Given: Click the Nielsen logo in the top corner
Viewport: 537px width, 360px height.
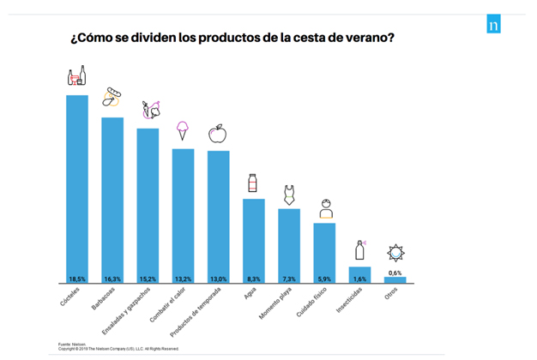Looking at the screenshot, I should coord(492,24).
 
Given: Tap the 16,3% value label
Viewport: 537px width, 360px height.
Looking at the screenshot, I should coord(112,279).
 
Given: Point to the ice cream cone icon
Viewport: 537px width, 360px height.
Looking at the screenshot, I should coord(182,130).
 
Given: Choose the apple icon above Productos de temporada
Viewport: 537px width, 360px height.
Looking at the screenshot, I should coord(218,133).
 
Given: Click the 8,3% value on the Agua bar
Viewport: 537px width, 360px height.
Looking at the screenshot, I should coord(253,279).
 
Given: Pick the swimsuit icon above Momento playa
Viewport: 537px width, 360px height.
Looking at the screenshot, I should coord(289,194).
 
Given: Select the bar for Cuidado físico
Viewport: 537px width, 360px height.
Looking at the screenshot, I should coord(324,250).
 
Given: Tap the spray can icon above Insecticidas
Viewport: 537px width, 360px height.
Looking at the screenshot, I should coord(359,250).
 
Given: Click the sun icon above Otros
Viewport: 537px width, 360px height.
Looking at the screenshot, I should coord(395,253).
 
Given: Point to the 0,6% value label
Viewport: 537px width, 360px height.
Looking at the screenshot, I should coord(395,272).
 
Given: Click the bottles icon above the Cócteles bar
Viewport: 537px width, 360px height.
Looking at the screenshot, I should coord(77,76).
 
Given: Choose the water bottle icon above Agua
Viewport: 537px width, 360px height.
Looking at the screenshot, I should coord(253,183).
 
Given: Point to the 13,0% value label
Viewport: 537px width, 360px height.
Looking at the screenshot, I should coord(218,279).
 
